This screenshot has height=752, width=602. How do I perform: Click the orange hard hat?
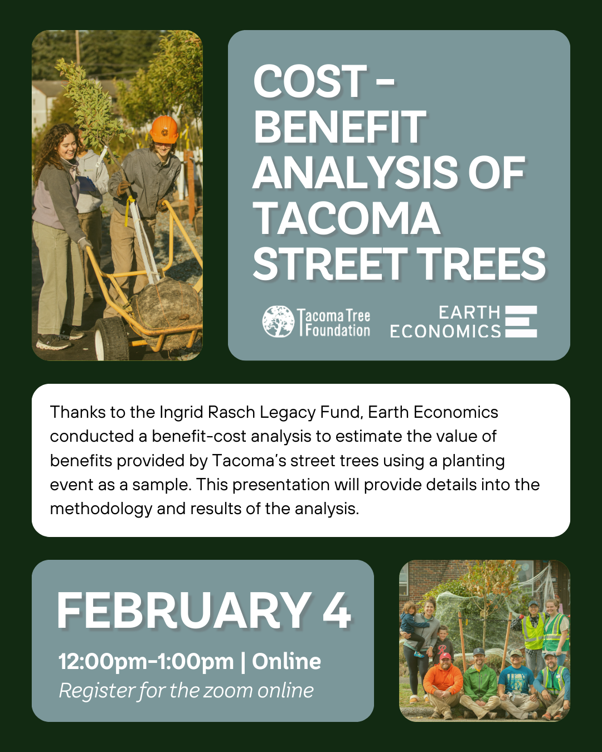[x=164, y=129]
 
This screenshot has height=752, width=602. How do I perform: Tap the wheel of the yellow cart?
[x=112, y=339]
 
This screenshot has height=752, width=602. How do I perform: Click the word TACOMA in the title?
[x=347, y=218]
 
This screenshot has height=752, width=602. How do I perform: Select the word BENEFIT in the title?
[x=340, y=127]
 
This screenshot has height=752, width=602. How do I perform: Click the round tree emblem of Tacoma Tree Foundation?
[x=278, y=321]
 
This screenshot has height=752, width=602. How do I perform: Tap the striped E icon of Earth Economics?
[x=521, y=321]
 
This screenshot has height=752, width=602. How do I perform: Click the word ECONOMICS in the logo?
[x=445, y=332]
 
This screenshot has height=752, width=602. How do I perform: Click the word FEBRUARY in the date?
[x=184, y=611]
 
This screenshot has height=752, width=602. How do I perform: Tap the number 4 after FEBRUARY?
[x=337, y=611]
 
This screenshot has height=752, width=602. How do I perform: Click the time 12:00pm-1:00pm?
[x=146, y=662]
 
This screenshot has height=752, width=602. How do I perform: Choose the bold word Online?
[x=287, y=662]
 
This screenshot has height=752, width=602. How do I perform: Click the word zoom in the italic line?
[x=228, y=691]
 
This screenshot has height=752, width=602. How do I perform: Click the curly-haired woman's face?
[x=67, y=146]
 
